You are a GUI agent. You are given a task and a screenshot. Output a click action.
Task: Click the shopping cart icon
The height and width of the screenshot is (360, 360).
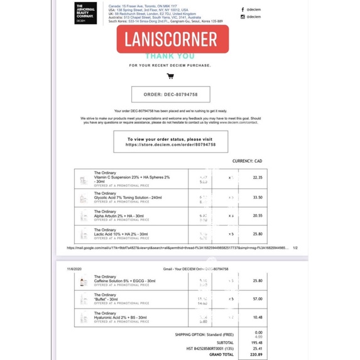[170, 76]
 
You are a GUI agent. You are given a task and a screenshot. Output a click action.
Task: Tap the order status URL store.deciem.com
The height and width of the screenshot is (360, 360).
[170, 145]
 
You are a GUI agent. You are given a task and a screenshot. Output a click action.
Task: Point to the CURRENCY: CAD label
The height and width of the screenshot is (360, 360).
[247, 161]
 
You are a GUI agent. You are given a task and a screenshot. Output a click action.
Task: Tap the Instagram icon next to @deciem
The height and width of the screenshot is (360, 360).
[243, 17]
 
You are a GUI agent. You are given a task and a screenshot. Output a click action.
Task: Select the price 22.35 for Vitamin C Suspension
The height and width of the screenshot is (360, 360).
[258, 178]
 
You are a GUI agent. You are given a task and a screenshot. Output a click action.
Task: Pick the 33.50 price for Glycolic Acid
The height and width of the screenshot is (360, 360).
[258, 197]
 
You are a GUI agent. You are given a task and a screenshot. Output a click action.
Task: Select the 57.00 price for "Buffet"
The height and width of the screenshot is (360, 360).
[258, 299]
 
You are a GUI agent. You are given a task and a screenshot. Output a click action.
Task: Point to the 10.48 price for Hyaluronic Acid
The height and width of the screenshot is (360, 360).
[258, 318]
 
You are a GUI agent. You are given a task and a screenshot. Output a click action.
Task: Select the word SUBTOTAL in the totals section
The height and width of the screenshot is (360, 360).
[222, 342]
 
